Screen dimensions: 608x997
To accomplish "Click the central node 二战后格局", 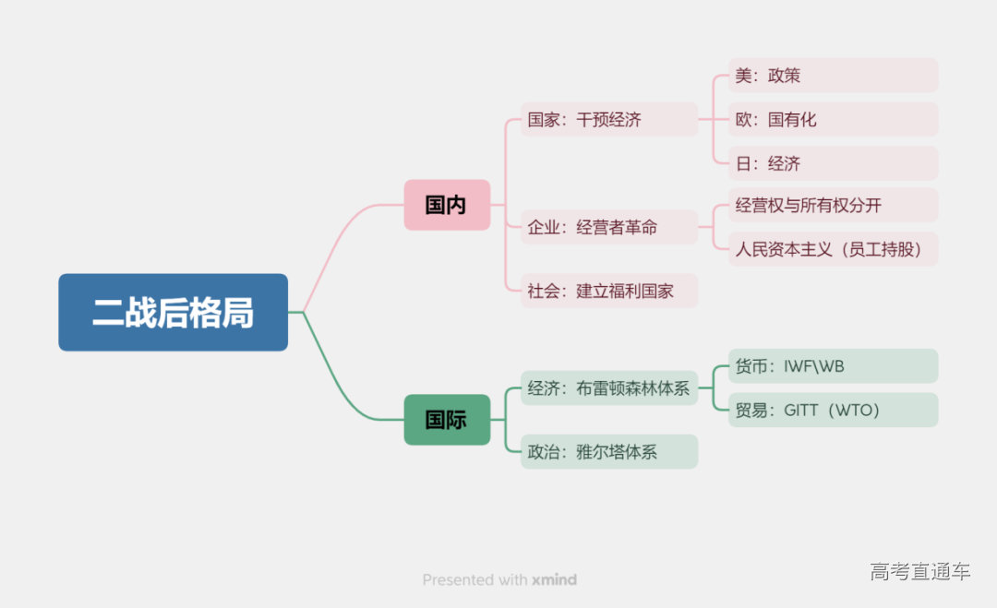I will (173, 312).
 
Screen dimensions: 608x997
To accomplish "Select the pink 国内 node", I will (447, 205).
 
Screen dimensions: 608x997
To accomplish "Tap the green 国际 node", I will (447, 420).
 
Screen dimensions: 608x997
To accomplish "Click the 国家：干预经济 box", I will (608, 119).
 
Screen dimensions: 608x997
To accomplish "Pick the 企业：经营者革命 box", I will (608, 227).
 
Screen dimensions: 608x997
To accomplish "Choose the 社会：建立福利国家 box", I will (608, 291).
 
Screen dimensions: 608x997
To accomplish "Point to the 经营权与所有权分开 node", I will (833, 205).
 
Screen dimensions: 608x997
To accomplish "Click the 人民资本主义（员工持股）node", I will (833, 249).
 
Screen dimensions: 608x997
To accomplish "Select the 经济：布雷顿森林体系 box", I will (608, 388).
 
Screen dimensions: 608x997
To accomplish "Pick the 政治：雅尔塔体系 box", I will (608, 452).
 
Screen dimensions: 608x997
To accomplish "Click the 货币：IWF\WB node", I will (833, 366).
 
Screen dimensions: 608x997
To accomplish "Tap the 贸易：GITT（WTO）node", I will (833, 410).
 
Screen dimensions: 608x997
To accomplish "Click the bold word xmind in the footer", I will (554, 579).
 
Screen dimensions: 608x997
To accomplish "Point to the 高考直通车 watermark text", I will (919, 571).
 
